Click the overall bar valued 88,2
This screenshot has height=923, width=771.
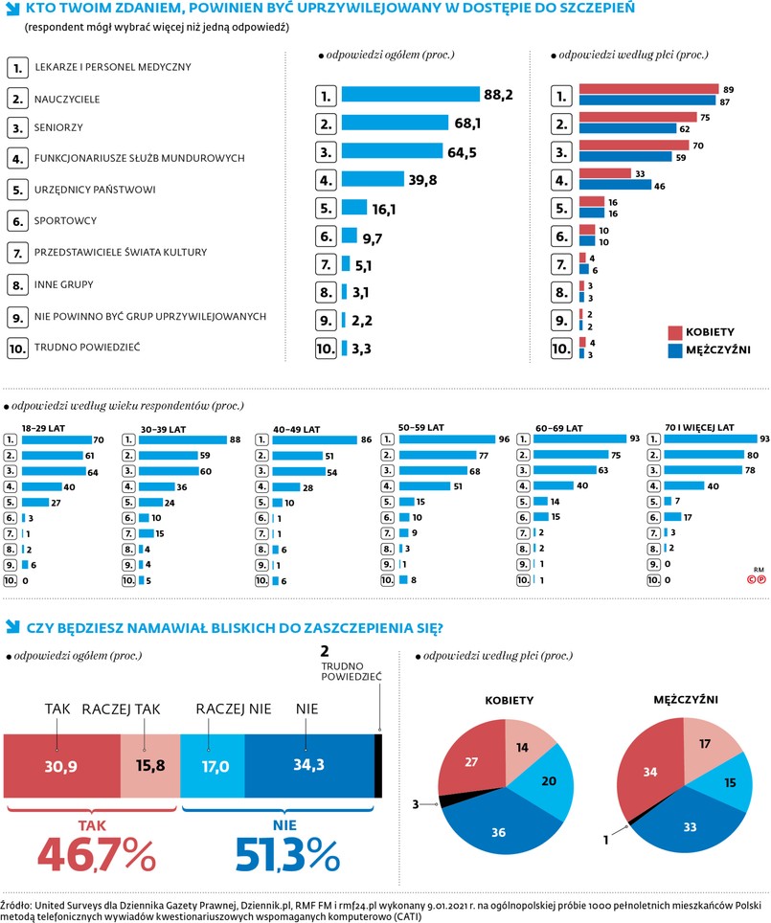(x=410, y=95)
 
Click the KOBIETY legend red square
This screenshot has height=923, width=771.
(x=675, y=331)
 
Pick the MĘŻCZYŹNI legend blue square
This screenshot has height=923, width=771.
(x=675, y=349)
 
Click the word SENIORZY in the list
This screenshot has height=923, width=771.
(x=58, y=127)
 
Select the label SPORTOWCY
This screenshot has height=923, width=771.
(x=65, y=220)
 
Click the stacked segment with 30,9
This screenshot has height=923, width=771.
(x=61, y=766)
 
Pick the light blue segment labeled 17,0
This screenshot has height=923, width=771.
(x=213, y=766)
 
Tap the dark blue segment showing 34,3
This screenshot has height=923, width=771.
(x=308, y=766)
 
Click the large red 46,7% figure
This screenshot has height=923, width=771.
(x=96, y=855)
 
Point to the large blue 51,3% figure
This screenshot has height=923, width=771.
(x=273, y=855)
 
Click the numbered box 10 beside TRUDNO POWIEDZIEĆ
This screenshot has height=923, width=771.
(x=17, y=349)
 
